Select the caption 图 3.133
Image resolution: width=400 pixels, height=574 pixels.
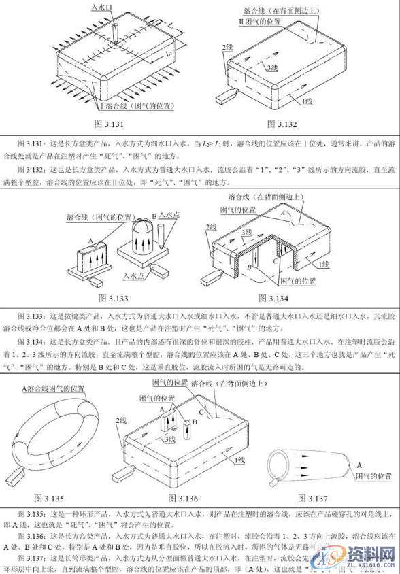(x=113, y=297)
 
